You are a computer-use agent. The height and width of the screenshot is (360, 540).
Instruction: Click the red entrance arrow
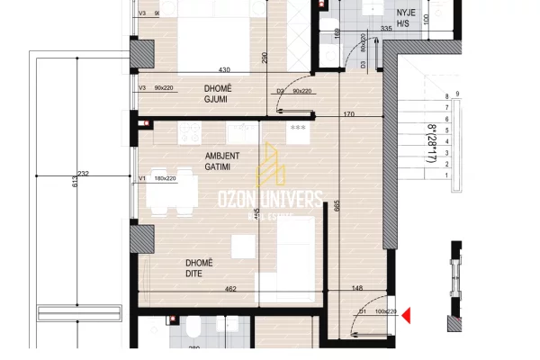tap(406, 315)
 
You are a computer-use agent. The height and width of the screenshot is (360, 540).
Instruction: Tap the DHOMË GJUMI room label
tap(217, 93)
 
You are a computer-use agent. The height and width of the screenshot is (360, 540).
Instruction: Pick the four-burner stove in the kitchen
tap(190, 133)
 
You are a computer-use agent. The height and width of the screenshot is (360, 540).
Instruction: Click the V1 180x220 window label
tap(158, 179)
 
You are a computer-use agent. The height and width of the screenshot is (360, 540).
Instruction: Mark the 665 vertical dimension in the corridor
tap(335, 203)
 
